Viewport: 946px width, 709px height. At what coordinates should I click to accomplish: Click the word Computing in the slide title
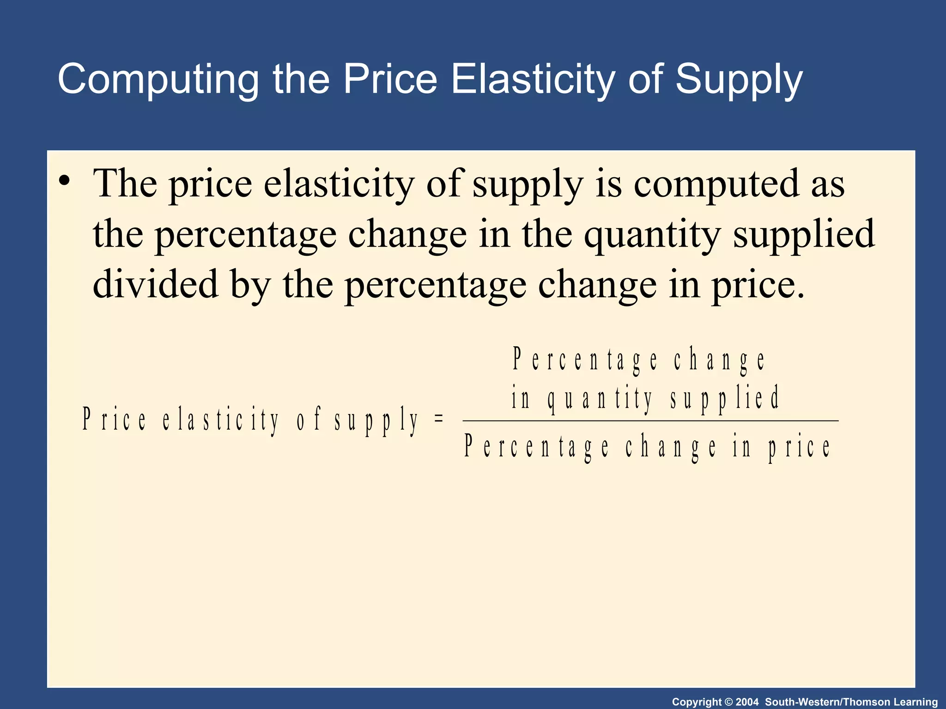[157, 79]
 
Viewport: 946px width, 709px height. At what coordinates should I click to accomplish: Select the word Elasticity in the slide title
[532, 79]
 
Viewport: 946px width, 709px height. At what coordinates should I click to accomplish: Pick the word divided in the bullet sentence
[155, 284]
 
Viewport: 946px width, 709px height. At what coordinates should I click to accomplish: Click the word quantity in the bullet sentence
[652, 234]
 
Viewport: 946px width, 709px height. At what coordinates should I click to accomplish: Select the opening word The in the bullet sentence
[125, 183]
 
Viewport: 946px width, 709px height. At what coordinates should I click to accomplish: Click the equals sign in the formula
[439, 419]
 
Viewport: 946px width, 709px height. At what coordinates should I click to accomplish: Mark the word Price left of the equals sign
[114, 420]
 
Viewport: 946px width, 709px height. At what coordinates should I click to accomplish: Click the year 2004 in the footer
[747, 702]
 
